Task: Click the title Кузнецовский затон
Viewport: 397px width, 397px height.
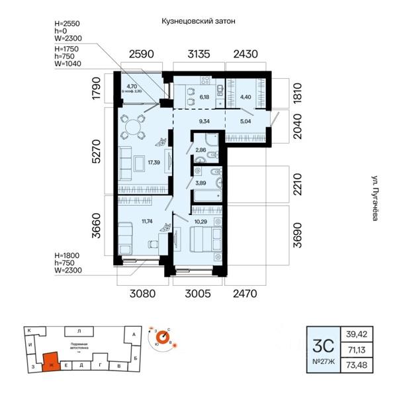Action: coord(198,21)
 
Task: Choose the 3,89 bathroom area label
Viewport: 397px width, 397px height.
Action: coord(200,183)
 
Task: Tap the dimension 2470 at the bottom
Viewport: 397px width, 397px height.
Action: coord(249,292)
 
